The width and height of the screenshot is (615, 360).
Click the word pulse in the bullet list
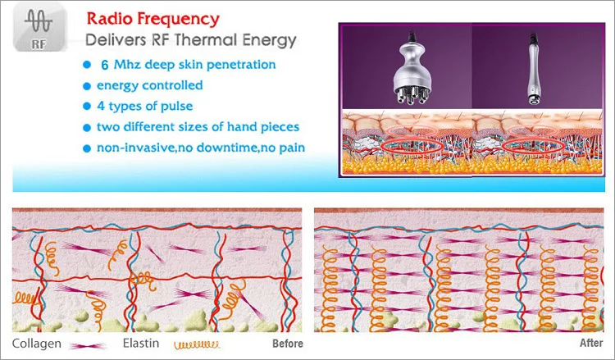click(x=184, y=106)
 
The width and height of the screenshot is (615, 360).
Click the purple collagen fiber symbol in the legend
click(x=84, y=344)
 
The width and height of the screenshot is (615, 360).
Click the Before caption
click(x=286, y=344)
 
